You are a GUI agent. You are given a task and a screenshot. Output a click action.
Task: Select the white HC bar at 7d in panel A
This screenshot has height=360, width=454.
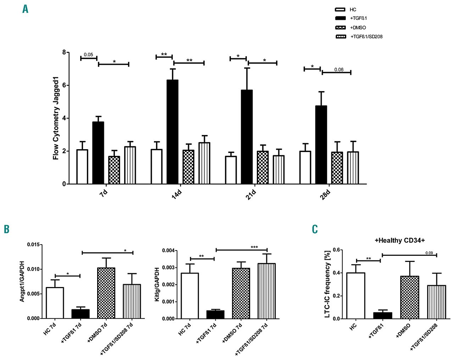point(82,167)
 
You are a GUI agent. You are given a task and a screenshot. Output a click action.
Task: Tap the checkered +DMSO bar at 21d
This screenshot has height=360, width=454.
point(262,167)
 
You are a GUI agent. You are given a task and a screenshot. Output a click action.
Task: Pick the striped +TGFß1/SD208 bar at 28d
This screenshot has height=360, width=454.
point(353,168)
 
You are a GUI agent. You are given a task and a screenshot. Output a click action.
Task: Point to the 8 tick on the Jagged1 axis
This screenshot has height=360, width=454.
point(64,52)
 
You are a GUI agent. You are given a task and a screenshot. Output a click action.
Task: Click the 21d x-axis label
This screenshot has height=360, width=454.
point(251,195)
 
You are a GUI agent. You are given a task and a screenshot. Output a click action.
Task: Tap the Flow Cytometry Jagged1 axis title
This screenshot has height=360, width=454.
point(56,118)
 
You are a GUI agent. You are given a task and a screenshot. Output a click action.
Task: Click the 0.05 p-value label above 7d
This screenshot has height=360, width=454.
point(88,55)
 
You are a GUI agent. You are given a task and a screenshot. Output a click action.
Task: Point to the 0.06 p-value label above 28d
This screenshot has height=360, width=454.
point(339,69)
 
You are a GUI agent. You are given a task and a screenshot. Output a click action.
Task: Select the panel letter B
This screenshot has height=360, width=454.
point(6,229)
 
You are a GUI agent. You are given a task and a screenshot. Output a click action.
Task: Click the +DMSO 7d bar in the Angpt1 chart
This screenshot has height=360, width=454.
point(106,293)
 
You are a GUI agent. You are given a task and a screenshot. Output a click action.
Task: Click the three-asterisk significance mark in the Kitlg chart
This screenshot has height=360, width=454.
point(254,247)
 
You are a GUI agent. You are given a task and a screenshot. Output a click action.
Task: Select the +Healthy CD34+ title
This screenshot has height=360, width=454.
point(400,241)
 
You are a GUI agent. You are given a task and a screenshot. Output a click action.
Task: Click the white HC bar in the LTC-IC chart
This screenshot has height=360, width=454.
point(356,296)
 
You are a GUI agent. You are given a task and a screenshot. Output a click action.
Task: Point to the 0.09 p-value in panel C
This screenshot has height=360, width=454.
point(429,253)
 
